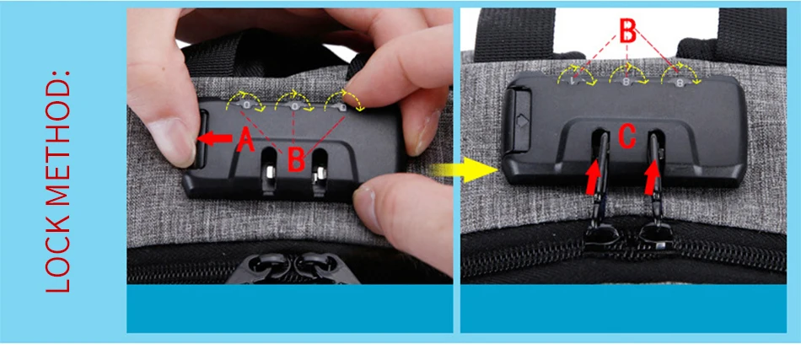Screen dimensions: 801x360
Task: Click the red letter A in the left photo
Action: pyautogui.click(x=245, y=139)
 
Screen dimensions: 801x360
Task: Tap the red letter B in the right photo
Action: pyautogui.click(x=627, y=31)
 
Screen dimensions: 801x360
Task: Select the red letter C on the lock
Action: pyautogui.click(x=626, y=136)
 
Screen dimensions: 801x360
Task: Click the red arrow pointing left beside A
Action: pyautogui.click(x=214, y=138)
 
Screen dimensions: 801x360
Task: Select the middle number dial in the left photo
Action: pyautogui.click(x=295, y=105)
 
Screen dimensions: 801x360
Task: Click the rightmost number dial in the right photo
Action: pyautogui.click(x=679, y=81)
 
